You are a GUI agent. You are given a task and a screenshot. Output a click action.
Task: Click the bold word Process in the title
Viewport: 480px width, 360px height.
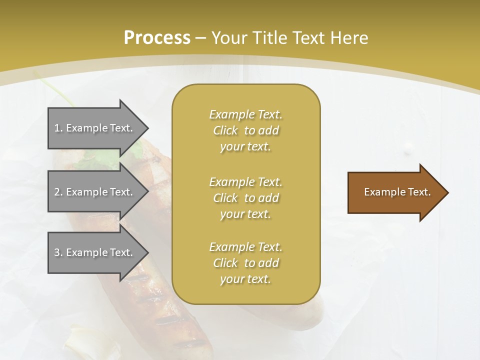(157, 38)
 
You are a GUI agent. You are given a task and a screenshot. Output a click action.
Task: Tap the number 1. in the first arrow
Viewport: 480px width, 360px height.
(58, 128)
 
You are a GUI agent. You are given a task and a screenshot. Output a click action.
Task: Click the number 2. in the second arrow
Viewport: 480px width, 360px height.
(58, 192)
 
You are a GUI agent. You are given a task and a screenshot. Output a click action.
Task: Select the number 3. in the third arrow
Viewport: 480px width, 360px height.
(58, 252)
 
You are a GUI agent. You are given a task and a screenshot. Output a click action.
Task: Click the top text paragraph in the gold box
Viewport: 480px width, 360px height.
(245, 130)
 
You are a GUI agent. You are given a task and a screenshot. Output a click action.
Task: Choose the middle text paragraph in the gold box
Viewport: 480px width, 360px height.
(245, 197)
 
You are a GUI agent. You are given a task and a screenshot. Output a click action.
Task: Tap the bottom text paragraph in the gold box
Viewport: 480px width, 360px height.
(245, 263)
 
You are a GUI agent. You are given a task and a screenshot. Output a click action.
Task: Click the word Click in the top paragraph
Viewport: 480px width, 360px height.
(225, 130)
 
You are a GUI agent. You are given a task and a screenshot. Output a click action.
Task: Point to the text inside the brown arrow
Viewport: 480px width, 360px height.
(397, 192)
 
